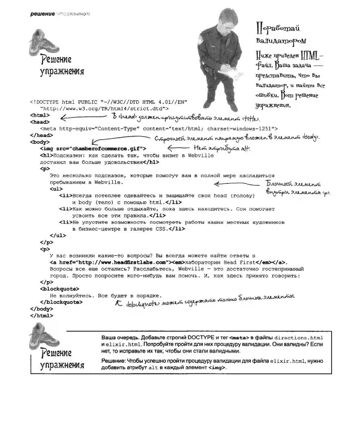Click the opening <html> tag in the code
[39, 115]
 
